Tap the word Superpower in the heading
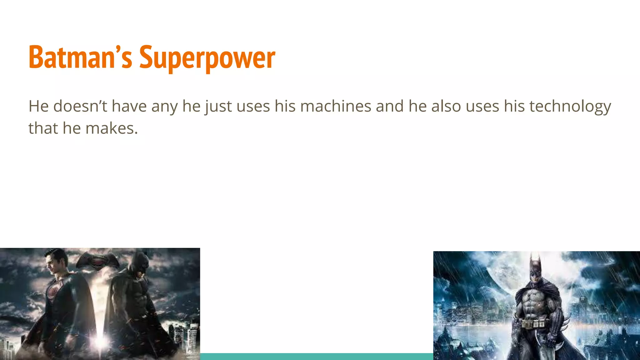(207, 58)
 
